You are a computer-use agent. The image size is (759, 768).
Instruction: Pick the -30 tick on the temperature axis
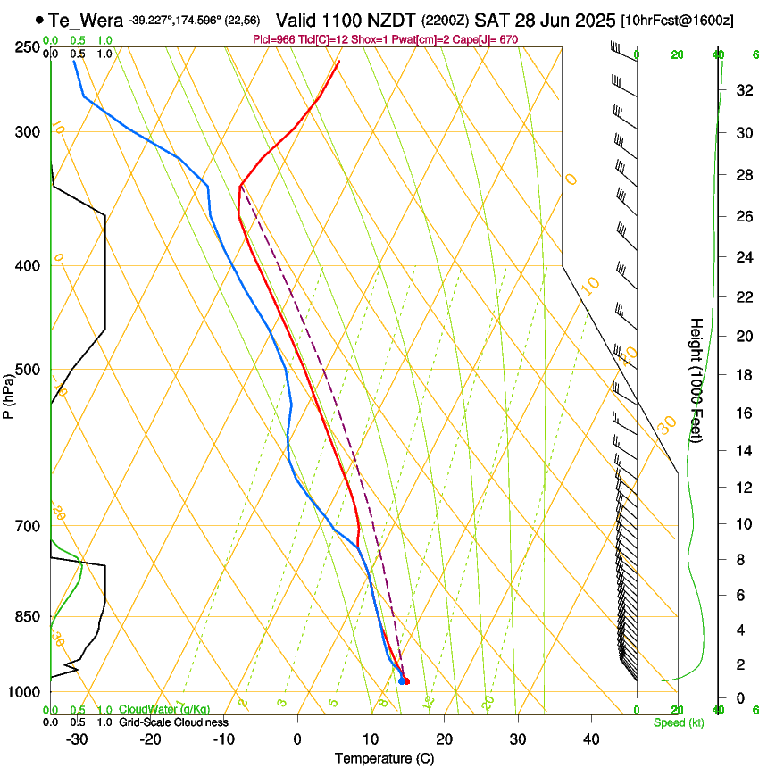[x=77, y=739]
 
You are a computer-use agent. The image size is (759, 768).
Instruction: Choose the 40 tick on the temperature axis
[x=591, y=739]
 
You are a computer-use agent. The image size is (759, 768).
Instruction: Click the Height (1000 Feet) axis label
[x=696, y=380]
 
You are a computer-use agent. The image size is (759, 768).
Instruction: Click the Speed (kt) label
[x=678, y=722]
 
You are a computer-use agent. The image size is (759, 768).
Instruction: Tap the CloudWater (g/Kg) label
[x=164, y=709]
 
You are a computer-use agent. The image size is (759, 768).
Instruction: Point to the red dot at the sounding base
[x=406, y=681]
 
